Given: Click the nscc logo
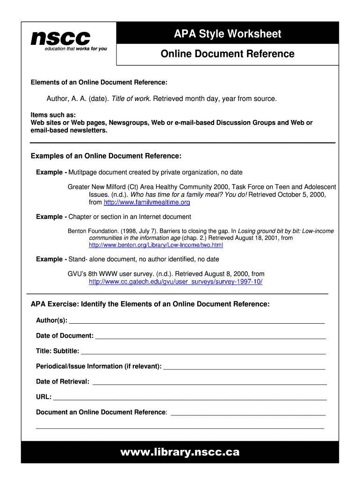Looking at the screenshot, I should tap(60, 37).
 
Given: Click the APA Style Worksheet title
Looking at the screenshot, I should tap(228, 34).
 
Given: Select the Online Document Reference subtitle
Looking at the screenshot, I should tap(228, 54).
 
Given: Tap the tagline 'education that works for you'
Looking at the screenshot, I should tap(76, 49).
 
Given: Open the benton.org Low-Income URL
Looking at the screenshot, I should tap(156, 245).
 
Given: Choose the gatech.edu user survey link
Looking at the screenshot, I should tap(176, 282).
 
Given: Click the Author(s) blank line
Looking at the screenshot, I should tap(196, 322).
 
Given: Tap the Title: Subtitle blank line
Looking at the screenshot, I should tap(203, 352).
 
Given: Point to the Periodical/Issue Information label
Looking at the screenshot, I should tap(99, 366).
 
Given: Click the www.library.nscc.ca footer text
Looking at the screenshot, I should tap(180, 452).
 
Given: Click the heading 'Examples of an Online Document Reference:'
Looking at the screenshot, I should tap(106, 156).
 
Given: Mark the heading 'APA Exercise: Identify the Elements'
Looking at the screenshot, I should tap(150, 305).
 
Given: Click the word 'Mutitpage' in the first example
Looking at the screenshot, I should tap(83, 173).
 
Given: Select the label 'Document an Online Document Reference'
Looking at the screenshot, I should tap(101, 412).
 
